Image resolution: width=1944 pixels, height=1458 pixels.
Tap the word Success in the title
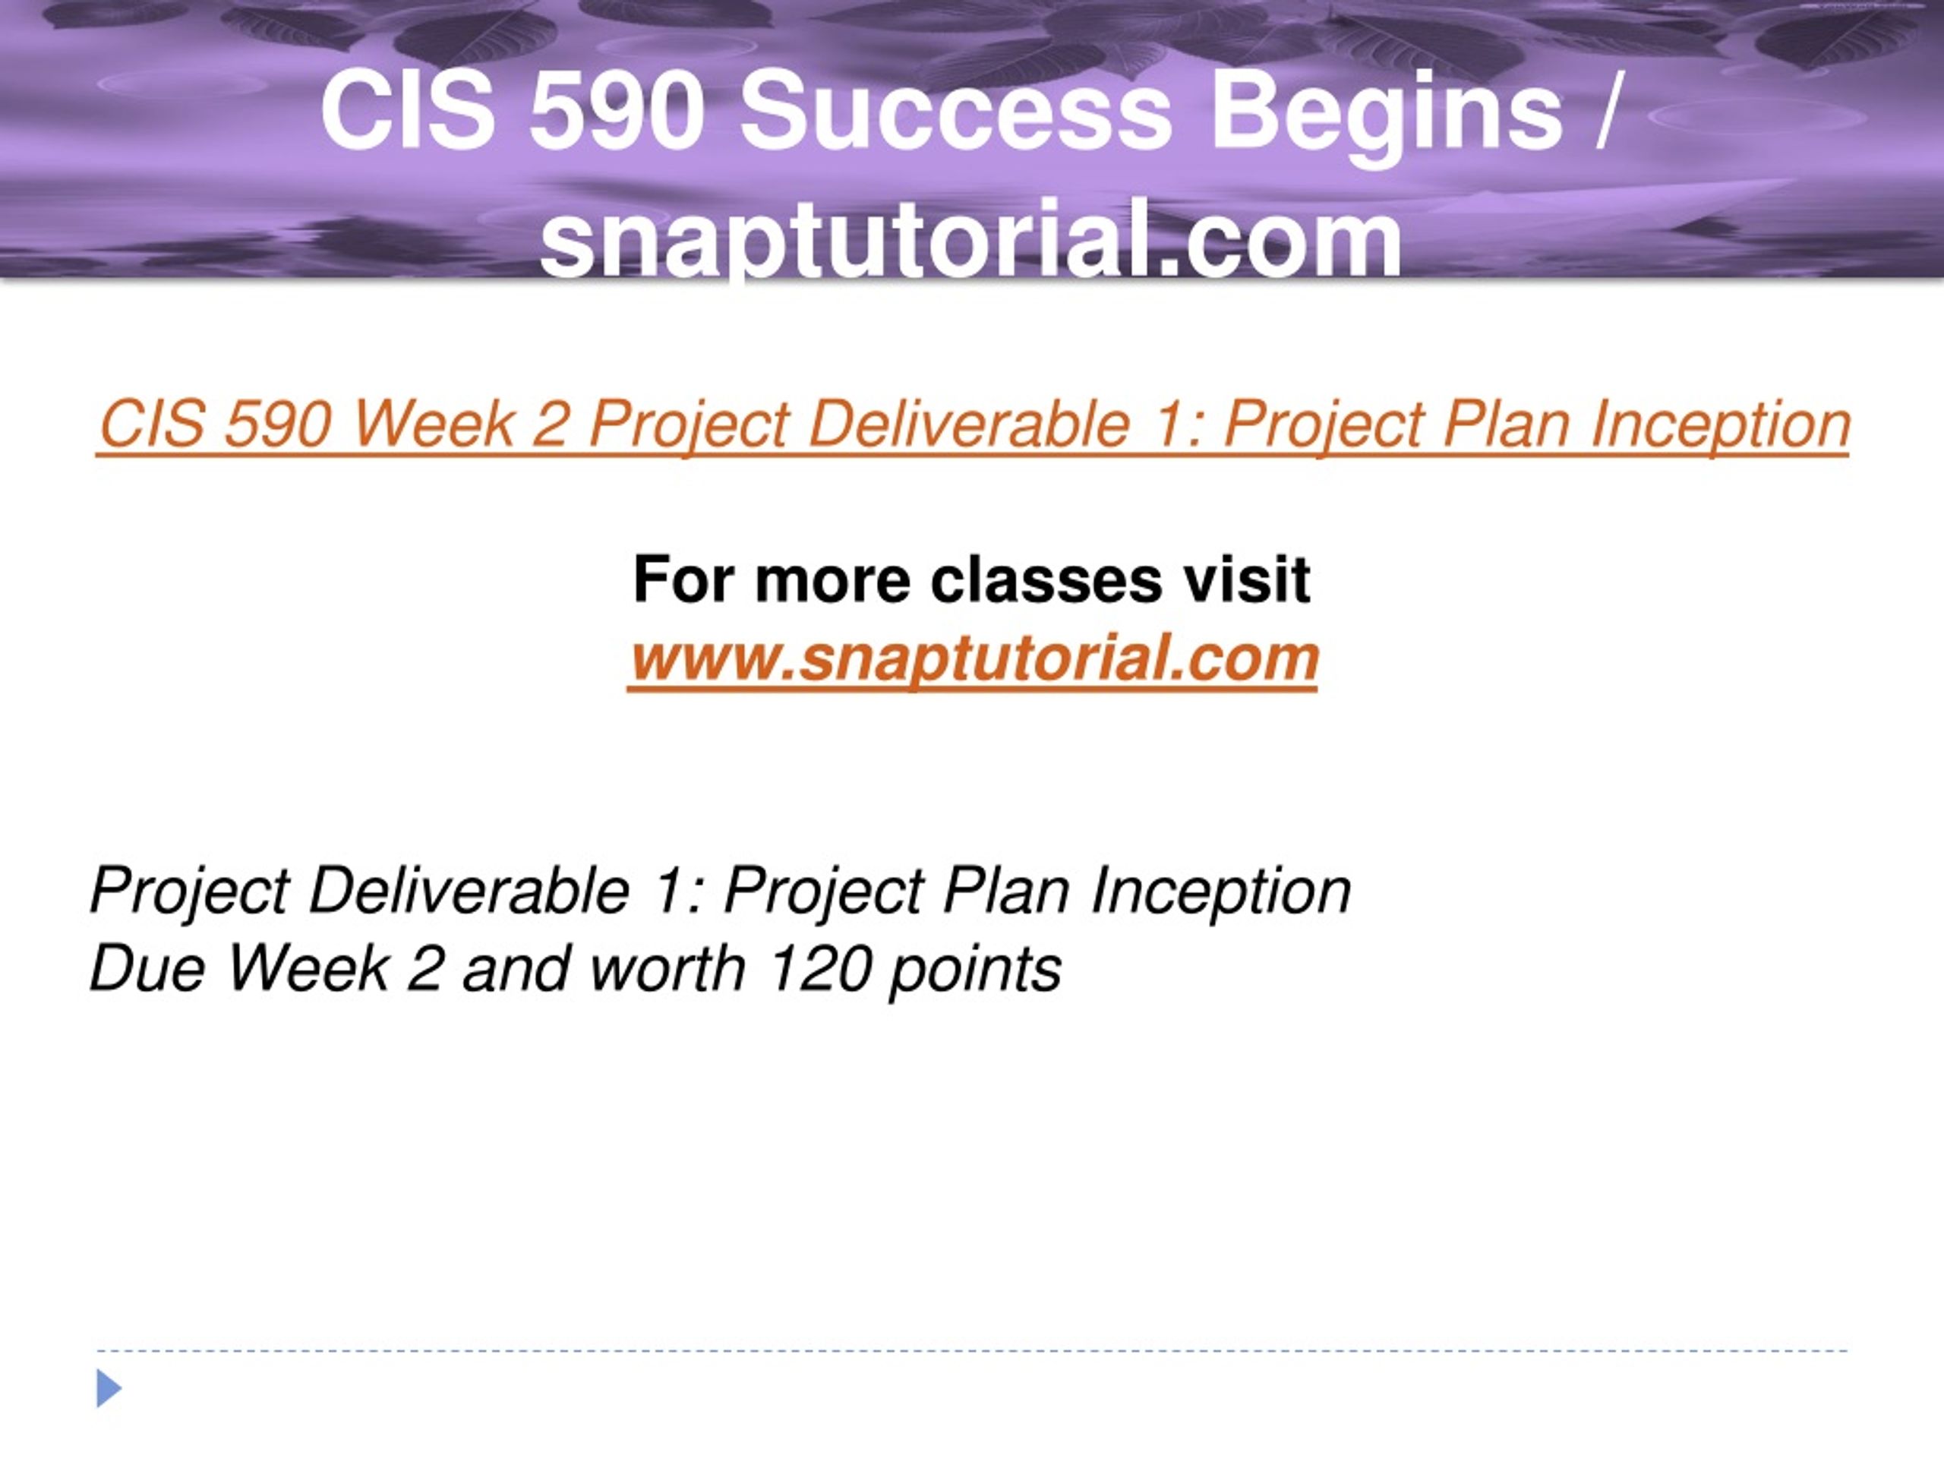956,112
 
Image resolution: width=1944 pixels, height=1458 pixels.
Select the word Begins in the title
1387,117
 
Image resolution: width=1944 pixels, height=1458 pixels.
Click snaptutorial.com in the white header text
971,237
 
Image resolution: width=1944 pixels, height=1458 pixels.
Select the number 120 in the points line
820,968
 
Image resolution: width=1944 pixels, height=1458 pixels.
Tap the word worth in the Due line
668,968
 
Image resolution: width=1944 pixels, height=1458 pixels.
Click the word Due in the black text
147,968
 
